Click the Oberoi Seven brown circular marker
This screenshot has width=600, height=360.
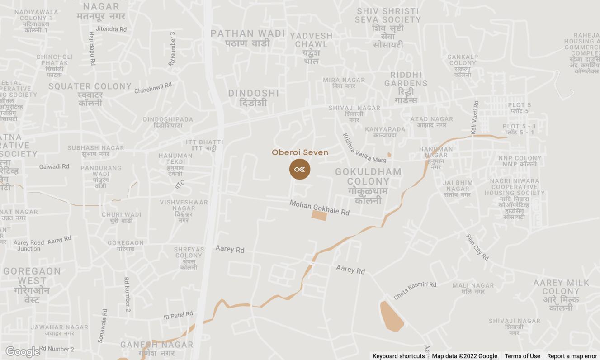coord(300,169)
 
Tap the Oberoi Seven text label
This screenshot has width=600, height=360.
coord(300,152)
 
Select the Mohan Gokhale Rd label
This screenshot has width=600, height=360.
coord(319,208)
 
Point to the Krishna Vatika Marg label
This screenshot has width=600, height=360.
coord(364,148)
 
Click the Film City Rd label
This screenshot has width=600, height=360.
coord(477,247)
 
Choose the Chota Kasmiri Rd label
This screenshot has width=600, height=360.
coord(415,290)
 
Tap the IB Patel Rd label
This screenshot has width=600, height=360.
coord(178,315)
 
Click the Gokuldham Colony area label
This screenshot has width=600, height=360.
coord(368,185)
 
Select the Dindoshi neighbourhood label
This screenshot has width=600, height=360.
coord(253,98)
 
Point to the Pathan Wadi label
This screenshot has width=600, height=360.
coord(248,38)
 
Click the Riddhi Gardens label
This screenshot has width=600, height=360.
coord(406,87)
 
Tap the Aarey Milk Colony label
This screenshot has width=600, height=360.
coord(561,295)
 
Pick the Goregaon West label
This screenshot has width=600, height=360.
coord(32,285)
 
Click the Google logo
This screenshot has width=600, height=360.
coord(23,352)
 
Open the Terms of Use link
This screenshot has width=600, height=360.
coord(522,356)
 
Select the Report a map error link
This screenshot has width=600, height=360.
coord(572,356)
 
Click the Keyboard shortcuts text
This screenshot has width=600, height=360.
coord(398,356)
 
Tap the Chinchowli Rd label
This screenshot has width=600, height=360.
coord(153,88)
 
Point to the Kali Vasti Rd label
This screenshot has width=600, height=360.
coord(474,117)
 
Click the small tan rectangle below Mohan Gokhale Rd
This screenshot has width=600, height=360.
coord(319,215)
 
